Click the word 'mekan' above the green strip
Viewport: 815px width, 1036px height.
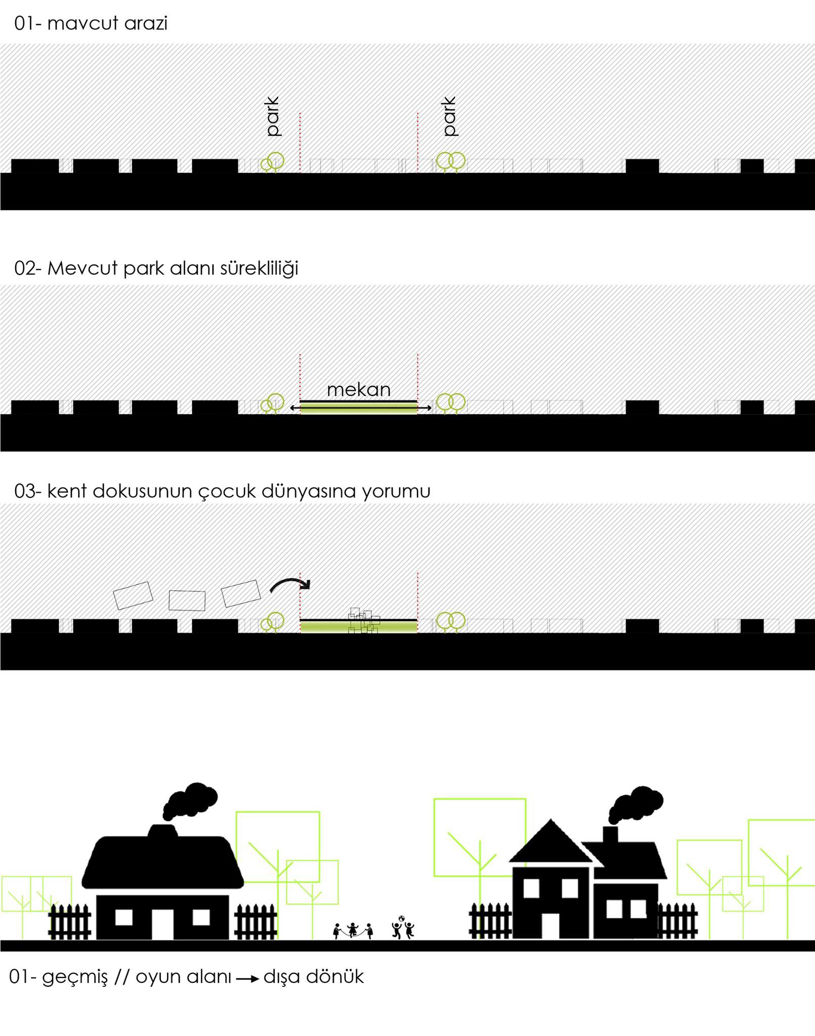coord(359,390)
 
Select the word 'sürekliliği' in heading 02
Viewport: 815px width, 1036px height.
coord(259,268)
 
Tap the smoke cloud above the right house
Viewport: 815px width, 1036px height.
coord(636,804)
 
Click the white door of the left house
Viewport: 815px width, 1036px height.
coord(162,924)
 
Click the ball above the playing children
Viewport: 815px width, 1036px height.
coord(402,919)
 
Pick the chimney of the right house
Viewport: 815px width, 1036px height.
coord(610,835)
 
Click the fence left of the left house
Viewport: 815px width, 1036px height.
coord(70,922)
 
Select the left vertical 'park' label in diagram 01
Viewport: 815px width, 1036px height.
coord(272,116)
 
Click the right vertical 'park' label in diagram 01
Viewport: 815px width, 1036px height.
coord(449,116)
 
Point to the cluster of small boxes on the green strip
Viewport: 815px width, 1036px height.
coord(364,621)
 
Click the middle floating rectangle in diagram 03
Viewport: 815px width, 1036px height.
coord(187,600)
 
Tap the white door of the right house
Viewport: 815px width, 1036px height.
coord(550,926)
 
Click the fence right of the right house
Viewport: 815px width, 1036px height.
coord(677,921)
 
